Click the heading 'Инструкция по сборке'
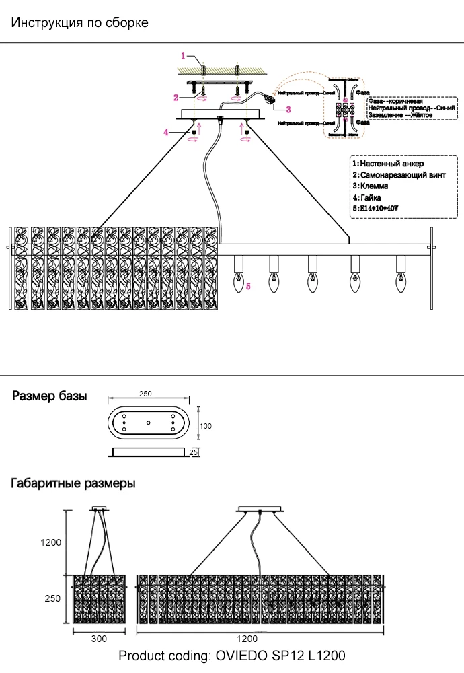pyautogui.click(x=80, y=23)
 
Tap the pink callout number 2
pyautogui.click(x=176, y=98)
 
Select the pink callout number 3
pyautogui.click(x=288, y=109)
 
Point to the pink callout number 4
pyautogui.click(x=165, y=133)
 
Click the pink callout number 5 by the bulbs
pyautogui.click(x=248, y=287)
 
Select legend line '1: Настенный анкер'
pyautogui.click(x=388, y=164)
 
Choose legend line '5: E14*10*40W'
pyautogui.click(x=376, y=209)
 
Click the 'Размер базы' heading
pyautogui.click(x=50, y=396)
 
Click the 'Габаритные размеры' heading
pyautogui.click(x=73, y=483)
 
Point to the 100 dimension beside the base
pyautogui.click(x=206, y=426)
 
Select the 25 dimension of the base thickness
pyautogui.click(x=194, y=452)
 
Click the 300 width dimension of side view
pyautogui.click(x=99, y=639)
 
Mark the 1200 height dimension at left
pyautogui.click(x=50, y=542)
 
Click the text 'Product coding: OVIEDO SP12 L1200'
pyautogui.click(x=232, y=656)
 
